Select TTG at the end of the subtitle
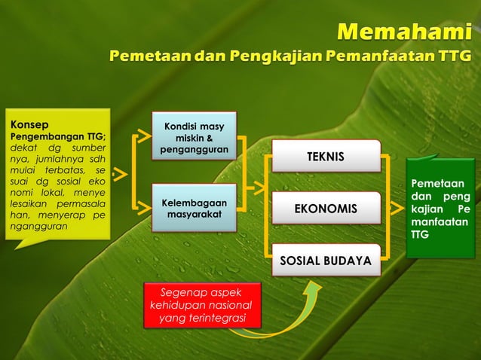click(455, 56)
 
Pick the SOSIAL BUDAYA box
click(325, 261)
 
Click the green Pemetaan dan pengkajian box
click(440, 208)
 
